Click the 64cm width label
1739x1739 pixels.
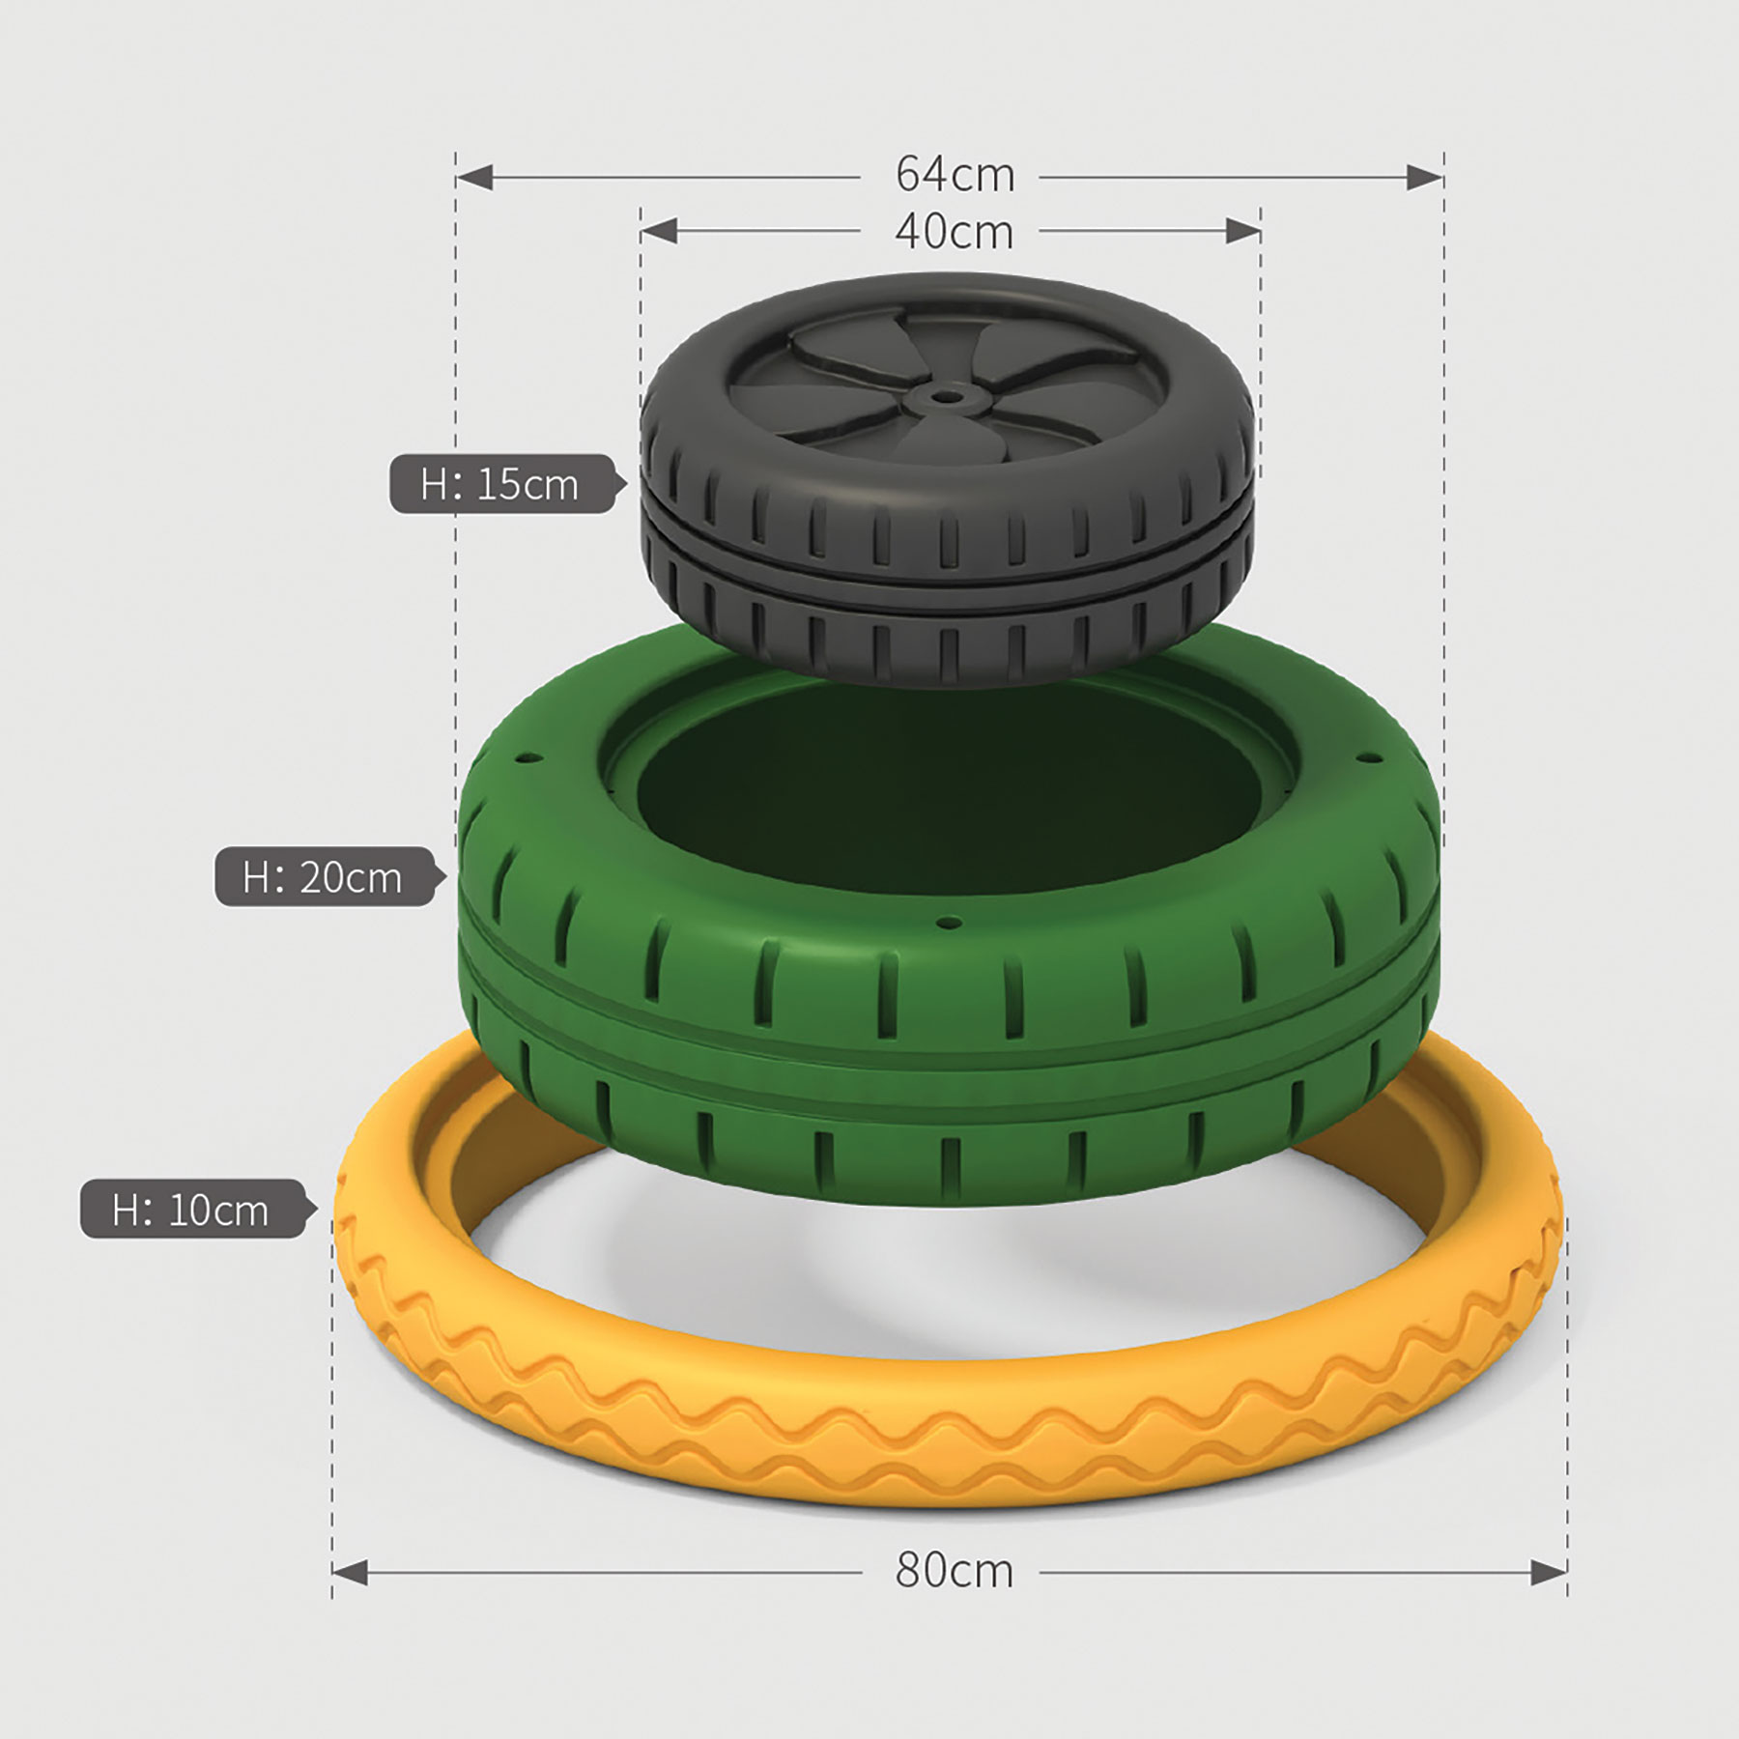point(955,176)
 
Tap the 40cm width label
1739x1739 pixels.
point(955,233)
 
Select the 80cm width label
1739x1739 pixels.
point(955,1572)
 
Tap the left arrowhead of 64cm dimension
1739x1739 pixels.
point(474,177)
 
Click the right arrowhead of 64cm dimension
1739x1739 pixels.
point(1425,177)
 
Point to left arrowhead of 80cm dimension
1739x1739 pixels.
point(350,1573)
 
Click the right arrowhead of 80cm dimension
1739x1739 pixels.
point(1549,1573)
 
